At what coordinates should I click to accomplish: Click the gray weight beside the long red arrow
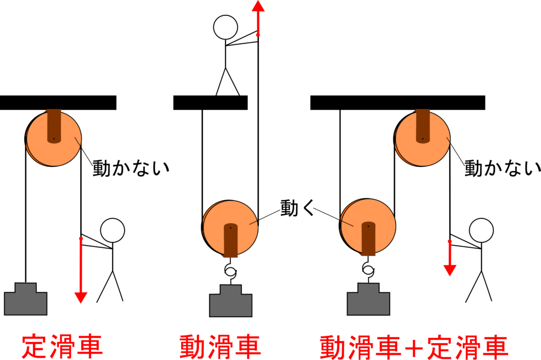(x=25, y=301)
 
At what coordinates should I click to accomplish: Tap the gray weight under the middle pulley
(x=230, y=302)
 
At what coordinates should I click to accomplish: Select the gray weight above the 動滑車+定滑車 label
(x=368, y=301)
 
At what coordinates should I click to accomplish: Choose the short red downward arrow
(x=450, y=259)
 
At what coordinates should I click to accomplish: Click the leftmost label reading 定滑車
(x=62, y=346)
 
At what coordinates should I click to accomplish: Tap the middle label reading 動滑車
(x=220, y=346)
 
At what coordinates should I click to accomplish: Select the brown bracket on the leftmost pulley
(x=54, y=126)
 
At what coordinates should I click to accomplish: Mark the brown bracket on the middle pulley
(x=230, y=240)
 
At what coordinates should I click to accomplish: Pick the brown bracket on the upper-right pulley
(x=423, y=126)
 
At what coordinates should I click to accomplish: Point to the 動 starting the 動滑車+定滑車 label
(x=333, y=347)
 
